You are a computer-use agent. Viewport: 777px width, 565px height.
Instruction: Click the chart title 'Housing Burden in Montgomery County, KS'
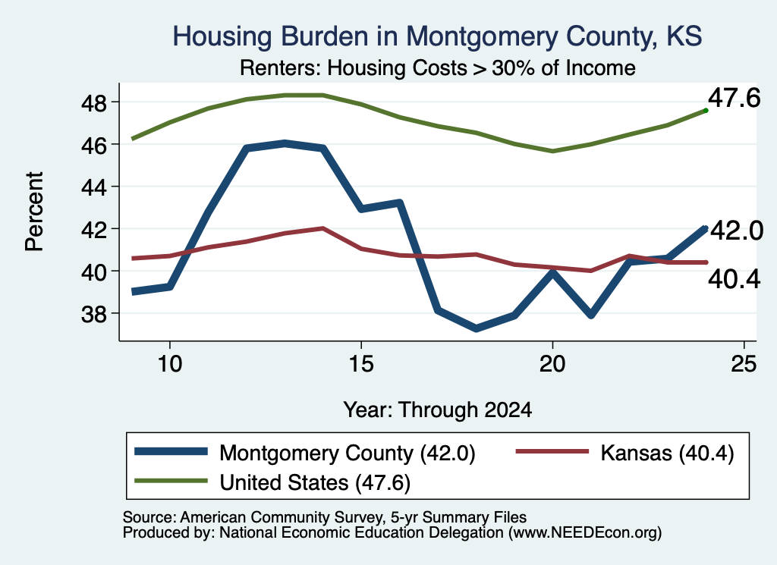[x=437, y=36]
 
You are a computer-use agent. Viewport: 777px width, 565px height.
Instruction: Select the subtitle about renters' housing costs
[x=438, y=67]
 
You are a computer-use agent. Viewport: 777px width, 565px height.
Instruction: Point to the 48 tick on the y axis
[x=93, y=102]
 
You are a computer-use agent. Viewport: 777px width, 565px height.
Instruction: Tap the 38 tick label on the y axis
[x=93, y=314]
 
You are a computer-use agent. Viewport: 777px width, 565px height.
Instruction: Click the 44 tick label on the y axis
[x=93, y=187]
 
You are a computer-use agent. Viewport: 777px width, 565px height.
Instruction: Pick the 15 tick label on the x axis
[x=360, y=365]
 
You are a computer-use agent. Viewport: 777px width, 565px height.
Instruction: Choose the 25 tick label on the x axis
[x=744, y=365]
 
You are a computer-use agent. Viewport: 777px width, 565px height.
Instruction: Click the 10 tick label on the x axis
[x=170, y=365]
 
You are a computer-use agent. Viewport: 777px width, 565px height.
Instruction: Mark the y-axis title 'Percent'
[x=34, y=212]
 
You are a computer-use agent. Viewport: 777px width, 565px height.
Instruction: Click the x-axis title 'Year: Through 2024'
[x=438, y=410]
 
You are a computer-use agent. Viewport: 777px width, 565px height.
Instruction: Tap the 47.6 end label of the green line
[x=734, y=98]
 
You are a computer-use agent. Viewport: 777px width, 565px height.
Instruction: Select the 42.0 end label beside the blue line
[x=737, y=231]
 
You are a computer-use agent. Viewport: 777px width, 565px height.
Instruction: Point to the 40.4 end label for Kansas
[x=734, y=280]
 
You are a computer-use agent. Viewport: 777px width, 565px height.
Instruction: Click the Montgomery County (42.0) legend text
[x=348, y=453]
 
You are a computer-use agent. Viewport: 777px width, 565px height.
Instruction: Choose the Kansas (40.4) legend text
[x=667, y=453]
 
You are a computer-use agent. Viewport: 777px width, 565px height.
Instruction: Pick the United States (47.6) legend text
[x=315, y=483]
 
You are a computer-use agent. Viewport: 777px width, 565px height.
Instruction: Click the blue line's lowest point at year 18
[x=477, y=328]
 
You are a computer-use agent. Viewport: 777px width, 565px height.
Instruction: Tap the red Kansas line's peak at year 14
[x=322, y=229]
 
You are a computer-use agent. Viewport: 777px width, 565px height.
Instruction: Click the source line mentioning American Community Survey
[x=325, y=517]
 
